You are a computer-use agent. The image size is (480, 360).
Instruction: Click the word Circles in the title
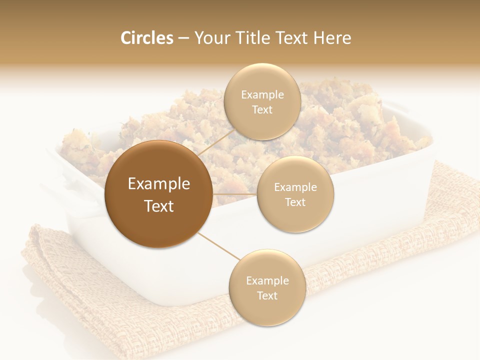pyautogui.click(x=146, y=38)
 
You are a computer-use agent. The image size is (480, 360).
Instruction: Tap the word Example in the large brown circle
pyautogui.click(x=158, y=184)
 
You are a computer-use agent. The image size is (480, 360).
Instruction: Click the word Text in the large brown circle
pyautogui.click(x=158, y=206)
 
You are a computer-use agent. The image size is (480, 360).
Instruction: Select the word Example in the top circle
pyautogui.click(x=262, y=95)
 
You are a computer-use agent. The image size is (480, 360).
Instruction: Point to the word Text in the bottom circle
pyautogui.click(x=267, y=295)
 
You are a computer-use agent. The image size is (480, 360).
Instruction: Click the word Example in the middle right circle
pyautogui.click(x=295, y=187)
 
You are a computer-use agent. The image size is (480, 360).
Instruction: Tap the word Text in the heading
pyautogui.click(x=290, y=38)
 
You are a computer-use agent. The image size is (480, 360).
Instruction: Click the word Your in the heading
pyautogui.click(x=210, y=38)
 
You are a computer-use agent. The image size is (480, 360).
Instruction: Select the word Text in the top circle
pyautogui.click(x=262, y=110)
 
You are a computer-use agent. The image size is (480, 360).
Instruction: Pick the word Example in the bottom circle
pyautogui.click(x=267, y=281)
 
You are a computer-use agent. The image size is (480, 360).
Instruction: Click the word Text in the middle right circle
pyautogui.click(x=295, y=202)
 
